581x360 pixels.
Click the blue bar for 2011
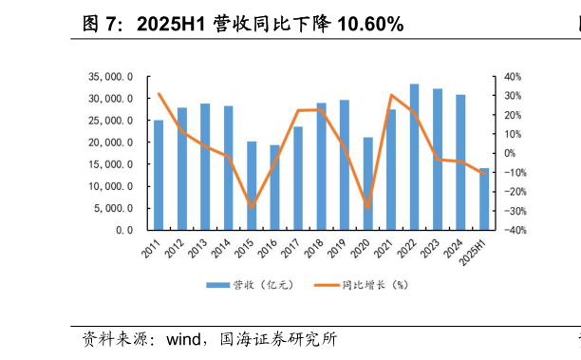(x=159, y=175)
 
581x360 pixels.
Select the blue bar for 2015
(x=252, y=186)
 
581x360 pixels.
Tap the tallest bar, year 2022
(x=415, y=157)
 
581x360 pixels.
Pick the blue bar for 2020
(x=368, y=183)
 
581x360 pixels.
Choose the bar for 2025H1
(x=484, y=199)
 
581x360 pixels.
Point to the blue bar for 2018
(x=322, y=166)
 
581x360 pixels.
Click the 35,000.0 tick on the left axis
(x=112, y=77)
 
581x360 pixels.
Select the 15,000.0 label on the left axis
(x=112, y=164)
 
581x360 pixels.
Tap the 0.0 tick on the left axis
(x=125, y=230)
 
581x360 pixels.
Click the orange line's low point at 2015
(x=252, y=208)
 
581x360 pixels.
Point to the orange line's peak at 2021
(x=391, y=95)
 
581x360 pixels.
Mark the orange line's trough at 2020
(x=368, y=207)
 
